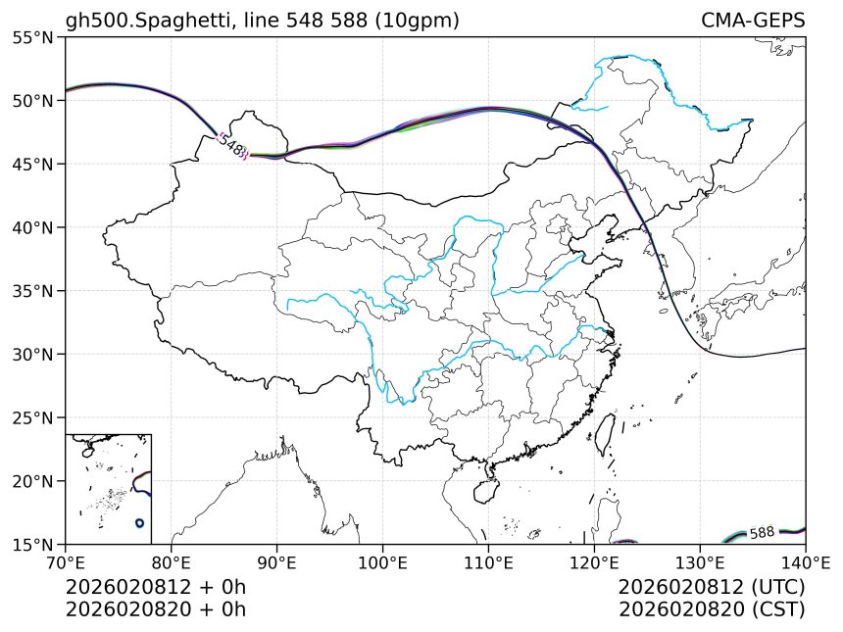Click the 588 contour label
pyautogui.click(x=762, y=533)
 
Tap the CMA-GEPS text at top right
pyautogui.click(x=753, y=21)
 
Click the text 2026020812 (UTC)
pyautogui.click(x=712, y=587)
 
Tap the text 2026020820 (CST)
pyautogui.click(x=712, y=608)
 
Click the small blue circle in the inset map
pyautogui.click(x=140, y=523)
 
